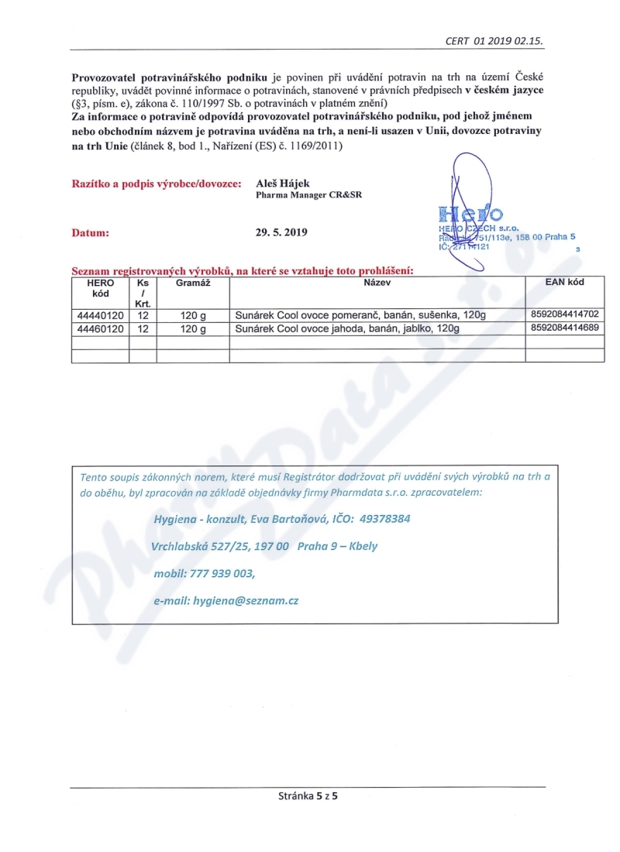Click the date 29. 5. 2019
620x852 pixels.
pos(281,232)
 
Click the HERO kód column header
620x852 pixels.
pos(100,288)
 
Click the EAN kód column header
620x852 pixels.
pos(565,283)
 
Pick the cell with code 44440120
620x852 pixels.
pos(100,315)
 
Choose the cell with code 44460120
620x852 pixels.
pos(100,329)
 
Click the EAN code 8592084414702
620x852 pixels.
pos(565,315)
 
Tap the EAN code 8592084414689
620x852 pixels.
pos(565,329)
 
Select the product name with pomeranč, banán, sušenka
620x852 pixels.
pos(359,315)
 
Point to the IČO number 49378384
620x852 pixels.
pos(382,518)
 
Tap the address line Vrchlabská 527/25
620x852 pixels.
pos(203,545)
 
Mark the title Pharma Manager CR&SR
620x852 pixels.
pos(308,195)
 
